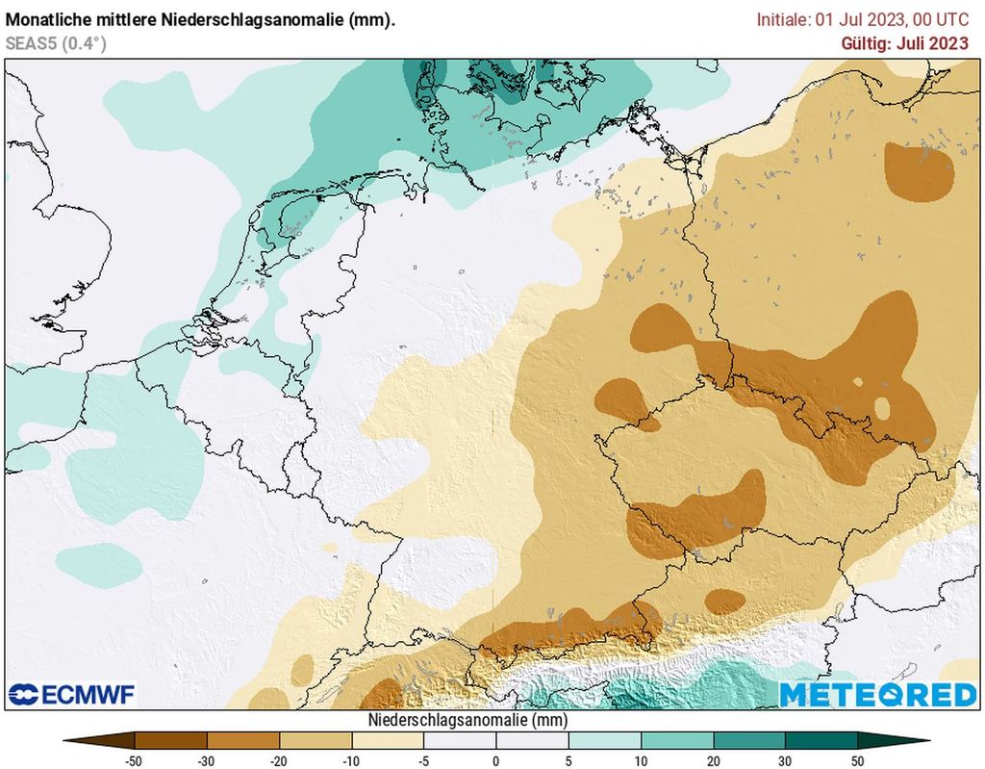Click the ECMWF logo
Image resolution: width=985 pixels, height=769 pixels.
[x=72, y=694]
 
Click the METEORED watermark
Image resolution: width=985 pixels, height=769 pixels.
[x=877, y=695]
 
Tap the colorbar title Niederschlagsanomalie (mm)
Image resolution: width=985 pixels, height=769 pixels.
[x=467, y=720]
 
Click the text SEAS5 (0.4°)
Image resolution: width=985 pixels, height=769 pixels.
[x=56, y=42]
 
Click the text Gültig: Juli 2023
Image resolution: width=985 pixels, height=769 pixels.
[x=904, y=42]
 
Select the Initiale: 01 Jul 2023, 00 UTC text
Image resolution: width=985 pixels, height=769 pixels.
[x=862, y=18]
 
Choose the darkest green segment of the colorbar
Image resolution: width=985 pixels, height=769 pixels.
[x=821, y=740]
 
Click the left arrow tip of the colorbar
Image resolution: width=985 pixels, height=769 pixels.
[x=66, y=740]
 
